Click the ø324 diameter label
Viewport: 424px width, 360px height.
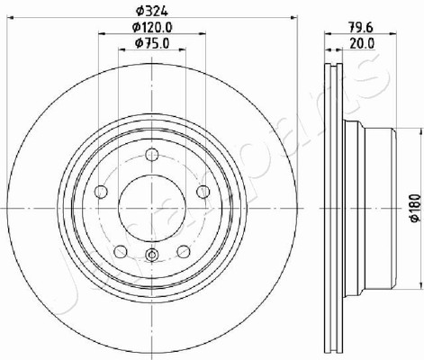pos(151,11)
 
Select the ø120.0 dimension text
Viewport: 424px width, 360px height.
pos(152,28)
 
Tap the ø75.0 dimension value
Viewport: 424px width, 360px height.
pos(152,43)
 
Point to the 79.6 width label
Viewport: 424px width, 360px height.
pos(360,28)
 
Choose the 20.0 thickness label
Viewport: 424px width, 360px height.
pos(362,44)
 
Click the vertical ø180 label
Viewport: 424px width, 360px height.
pos(415,209)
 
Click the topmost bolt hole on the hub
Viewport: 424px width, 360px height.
pos(152,155)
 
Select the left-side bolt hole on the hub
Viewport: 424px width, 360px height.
pos(101,192)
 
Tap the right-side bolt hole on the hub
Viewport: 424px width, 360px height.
pos(203,192)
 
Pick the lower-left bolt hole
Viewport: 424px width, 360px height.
pos(121,251)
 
